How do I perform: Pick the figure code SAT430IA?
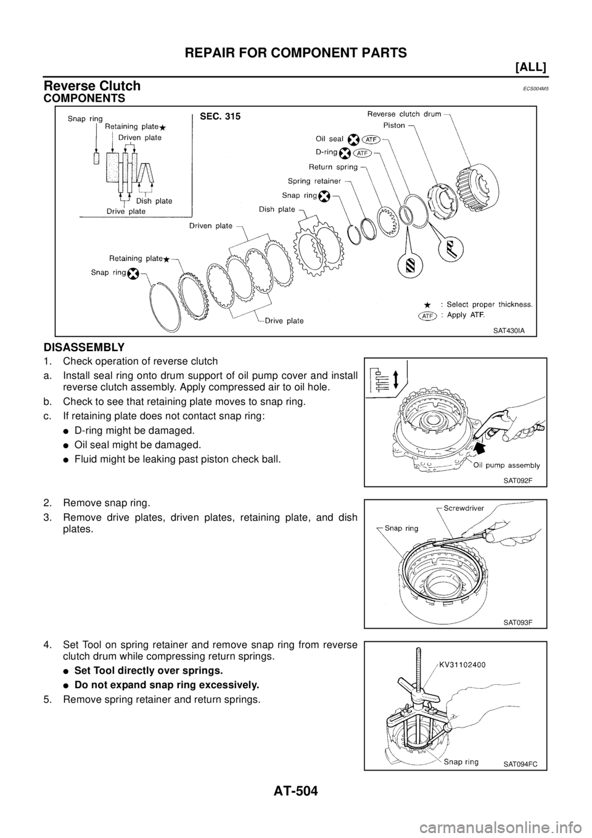(x=508, y=330)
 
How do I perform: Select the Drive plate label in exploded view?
(x=284, y=320)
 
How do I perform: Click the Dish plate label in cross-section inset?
(x=155, y=201)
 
